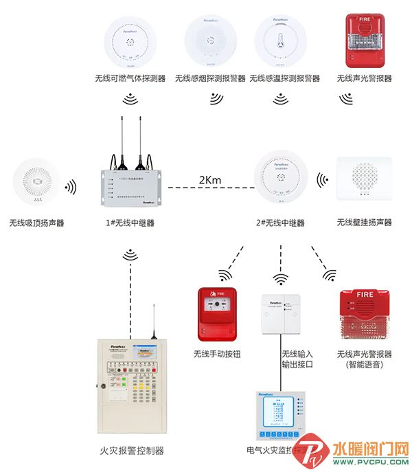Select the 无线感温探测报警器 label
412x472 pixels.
point(285,79)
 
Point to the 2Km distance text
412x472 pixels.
point(210,180)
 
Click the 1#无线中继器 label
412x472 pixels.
point(130,223)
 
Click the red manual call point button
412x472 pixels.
point(217,314)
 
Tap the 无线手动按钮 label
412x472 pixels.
point(217,355)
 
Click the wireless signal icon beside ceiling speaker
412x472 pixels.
point(70,187)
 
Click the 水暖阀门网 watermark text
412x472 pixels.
point(370,450)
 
